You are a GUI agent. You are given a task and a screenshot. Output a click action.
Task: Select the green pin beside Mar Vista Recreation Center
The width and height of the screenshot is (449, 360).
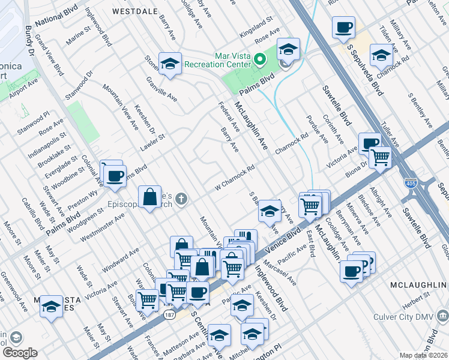[x=260, y=59]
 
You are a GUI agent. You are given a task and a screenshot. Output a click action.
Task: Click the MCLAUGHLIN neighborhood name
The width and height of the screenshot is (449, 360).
[x=416, y=283]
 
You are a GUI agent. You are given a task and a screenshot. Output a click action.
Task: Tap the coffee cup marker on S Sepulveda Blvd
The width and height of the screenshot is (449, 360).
[x=343, y=26]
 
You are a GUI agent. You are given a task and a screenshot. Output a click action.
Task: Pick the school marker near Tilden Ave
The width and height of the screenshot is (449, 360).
[x=381, y=55]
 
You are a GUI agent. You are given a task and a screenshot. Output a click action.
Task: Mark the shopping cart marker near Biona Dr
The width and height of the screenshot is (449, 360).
[x=379, y=157]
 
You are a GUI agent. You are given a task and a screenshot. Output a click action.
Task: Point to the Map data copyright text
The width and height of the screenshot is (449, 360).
[x=424, y=355]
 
